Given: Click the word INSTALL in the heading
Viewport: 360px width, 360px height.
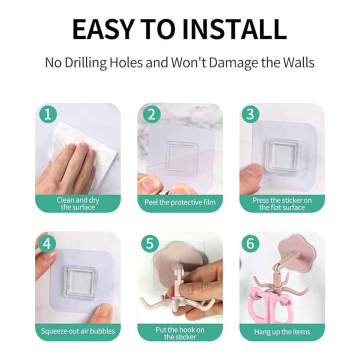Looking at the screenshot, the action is [x=234, y=29].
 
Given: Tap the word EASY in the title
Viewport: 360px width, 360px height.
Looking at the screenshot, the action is [x=103, y=29].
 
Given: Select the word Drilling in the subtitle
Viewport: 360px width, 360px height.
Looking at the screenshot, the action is [x=85, y=62].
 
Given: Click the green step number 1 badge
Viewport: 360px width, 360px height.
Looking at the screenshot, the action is [x=48, y=114].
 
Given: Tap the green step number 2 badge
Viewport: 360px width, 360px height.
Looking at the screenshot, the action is [x=151, y=114].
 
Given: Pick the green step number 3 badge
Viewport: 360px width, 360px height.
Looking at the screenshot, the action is [x=250, y=114].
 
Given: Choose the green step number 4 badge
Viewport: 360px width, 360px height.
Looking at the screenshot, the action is [x=47, y=243].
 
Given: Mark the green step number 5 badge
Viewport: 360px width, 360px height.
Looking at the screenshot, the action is [x=149, y=243].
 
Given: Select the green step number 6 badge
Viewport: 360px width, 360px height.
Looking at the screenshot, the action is [x=250, y=243].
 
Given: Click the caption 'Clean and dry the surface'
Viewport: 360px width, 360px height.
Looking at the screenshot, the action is [x=78, y=203].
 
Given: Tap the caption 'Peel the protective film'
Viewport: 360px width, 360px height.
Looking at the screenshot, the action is [x=180, y=202].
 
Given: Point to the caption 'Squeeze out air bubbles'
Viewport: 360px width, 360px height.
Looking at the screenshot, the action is [x=78, y=331].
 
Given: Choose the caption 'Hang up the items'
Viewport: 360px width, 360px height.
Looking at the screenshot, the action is [x=282, y=332].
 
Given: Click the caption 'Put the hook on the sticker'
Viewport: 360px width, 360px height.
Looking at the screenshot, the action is [x=180, y=333].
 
